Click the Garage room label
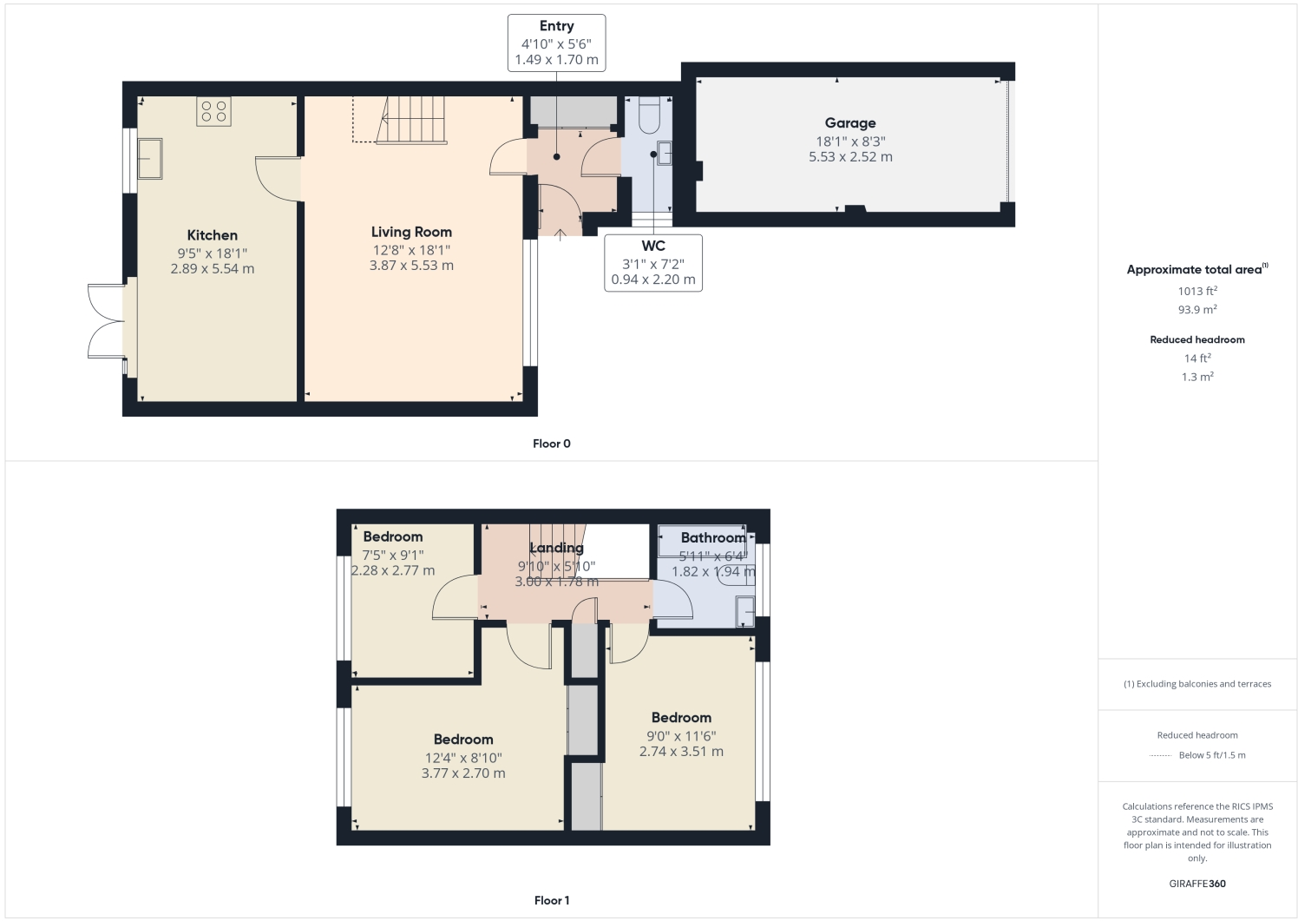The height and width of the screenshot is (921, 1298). pos(849,123)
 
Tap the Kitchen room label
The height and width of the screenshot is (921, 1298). pos(212,235)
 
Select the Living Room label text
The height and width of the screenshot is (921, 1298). pos(411,232)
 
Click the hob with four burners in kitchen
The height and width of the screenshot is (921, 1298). pos(213,111)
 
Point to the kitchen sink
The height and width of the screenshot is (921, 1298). pos(149,158)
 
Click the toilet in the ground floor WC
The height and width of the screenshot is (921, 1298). pos(649,115)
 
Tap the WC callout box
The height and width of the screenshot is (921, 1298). pos(652,262)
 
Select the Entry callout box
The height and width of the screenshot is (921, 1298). pos(556,43)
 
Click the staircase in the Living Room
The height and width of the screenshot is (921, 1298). pos(414,119)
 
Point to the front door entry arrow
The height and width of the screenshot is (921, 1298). pos(560,234)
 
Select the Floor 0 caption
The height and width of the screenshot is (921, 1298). pos(551,444)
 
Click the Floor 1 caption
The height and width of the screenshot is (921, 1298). pos(551,900)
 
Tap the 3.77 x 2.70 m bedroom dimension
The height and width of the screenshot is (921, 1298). pos(462,773)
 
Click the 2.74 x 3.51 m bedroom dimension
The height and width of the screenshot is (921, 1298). pos(681,751)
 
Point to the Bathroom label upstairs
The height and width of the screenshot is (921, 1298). pos(712,537)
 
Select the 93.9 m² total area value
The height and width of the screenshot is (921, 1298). pos(1196,310)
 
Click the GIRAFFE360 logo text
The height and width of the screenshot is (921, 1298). pos(1196,884)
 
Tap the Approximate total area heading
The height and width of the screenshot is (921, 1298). pos(1196,269)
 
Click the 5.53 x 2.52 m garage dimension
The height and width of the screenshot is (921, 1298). pos(849,157)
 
